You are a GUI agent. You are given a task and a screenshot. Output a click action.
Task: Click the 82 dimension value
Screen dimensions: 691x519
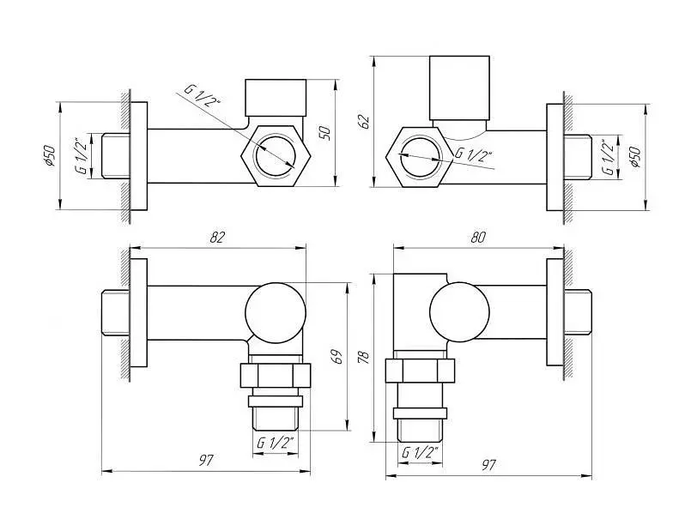217,237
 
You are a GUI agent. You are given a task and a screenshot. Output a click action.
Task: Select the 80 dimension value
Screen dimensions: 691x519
478,238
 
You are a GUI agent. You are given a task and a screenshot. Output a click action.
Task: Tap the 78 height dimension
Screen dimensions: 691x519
364,356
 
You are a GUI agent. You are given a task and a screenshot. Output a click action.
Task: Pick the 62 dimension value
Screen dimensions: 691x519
364,121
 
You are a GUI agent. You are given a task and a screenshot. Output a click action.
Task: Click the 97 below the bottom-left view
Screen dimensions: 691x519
205,461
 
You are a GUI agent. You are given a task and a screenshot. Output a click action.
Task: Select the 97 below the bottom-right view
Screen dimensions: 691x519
488,465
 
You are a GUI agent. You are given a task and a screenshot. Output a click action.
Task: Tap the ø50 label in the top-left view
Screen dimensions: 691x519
49,155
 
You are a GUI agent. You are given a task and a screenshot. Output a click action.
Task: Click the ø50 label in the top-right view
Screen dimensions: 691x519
635,157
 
